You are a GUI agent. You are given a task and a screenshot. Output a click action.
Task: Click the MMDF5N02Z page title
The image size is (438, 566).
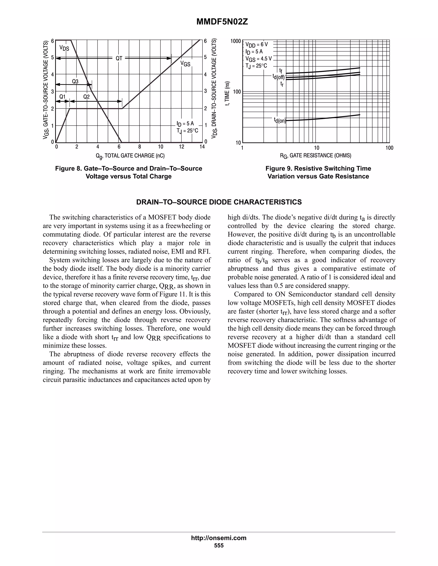[222, 22]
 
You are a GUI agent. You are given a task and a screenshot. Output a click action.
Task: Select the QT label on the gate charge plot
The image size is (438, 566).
[119, 59]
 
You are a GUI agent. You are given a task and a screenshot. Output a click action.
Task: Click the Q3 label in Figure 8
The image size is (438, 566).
[75, 81]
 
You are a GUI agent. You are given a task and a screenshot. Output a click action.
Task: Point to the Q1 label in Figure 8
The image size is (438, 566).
[62, 97]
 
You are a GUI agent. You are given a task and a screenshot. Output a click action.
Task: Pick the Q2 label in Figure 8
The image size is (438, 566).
[86, 97]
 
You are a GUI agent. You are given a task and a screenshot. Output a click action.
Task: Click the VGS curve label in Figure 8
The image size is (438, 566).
[185, 64]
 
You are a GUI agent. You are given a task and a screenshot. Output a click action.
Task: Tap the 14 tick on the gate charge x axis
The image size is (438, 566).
[202, 147]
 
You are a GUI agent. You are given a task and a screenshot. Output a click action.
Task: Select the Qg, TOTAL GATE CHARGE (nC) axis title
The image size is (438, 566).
[130, 156]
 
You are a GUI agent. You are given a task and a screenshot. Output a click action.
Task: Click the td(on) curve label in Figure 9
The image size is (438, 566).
[280, 120]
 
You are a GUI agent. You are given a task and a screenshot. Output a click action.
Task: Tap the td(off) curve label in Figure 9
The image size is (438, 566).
[278, 77]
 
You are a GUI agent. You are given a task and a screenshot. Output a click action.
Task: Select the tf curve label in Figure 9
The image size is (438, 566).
[281, 70]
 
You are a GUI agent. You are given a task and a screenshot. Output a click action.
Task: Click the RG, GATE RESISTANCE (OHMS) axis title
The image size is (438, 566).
[315, 156]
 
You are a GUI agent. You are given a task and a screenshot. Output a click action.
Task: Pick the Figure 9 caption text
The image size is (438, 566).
[318, 172]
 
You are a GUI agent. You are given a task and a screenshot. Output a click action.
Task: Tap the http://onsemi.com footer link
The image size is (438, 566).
[219, 538]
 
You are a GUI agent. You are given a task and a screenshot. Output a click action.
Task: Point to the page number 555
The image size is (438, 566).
[219, 545]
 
